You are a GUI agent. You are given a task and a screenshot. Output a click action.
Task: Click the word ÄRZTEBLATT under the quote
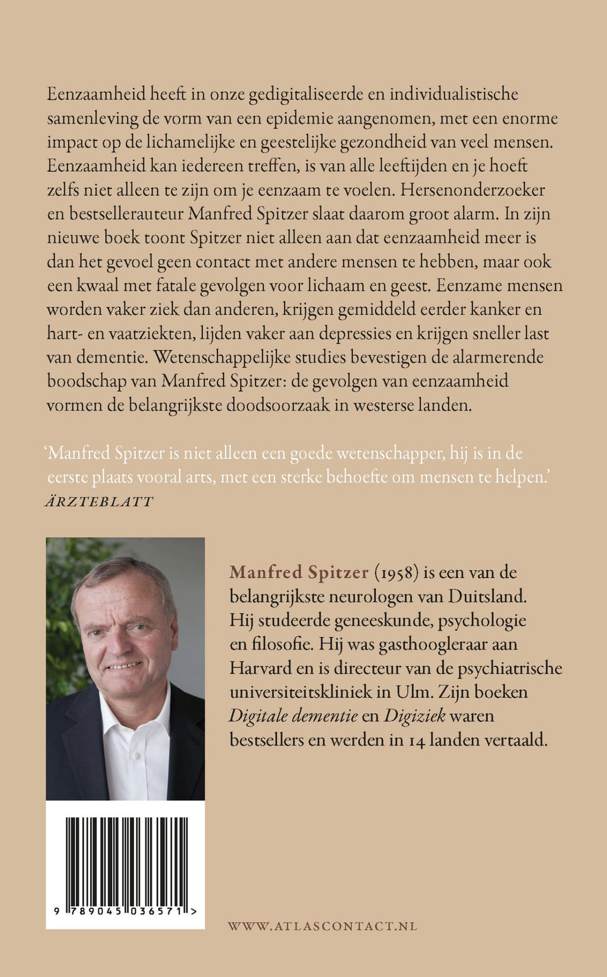(99, 502)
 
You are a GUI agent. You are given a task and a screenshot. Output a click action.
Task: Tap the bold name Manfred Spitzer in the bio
(299, 572)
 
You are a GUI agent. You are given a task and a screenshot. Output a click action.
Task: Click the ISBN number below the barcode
(126, 914)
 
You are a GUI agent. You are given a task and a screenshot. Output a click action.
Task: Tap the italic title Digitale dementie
(293, 716)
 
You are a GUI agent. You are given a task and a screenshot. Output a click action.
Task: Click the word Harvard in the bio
(260, 668)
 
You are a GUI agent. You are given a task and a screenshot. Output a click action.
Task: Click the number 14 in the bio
(417, 740)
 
